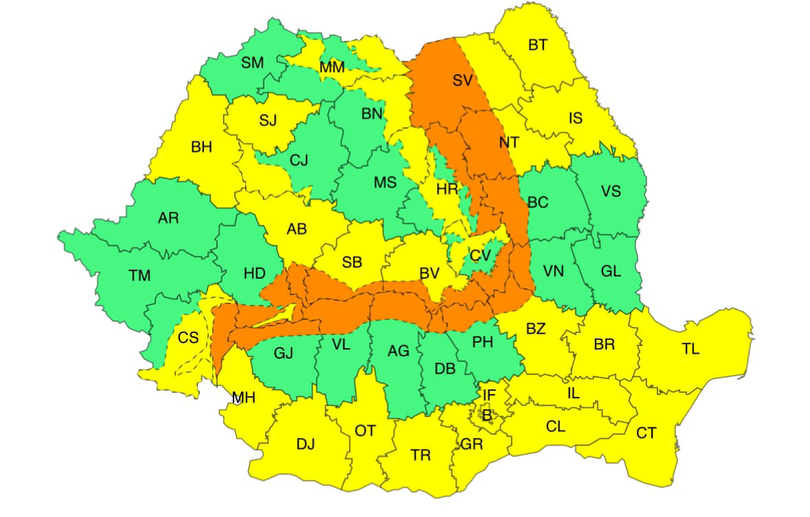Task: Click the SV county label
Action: point(461,79)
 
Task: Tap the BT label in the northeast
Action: point(538,44)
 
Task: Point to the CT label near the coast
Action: point(646,432)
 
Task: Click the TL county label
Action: point(691,349)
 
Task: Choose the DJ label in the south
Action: point(305,444)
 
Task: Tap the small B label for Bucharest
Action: point(487,414)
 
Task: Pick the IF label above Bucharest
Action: point(489,396)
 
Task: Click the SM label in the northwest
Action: point(252,62)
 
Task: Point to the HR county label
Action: point(446,188)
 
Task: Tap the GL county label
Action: point(612,270)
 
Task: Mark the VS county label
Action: point(610,191)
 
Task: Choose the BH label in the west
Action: point(201,147)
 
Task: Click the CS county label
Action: point(188,337)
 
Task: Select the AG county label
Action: point(397,352)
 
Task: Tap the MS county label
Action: point(385,182)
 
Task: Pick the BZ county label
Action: point(536,327)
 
